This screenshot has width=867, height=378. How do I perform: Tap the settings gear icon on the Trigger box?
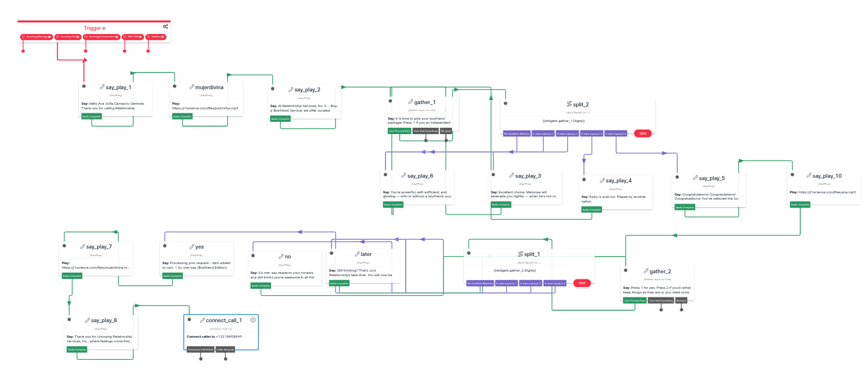(x=165, y=26)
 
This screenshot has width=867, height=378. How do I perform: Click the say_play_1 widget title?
(x=118, y=87)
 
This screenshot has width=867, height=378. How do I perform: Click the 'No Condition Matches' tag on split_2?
(x=516, y=133)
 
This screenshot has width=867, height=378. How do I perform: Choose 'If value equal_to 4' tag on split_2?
(x=616, y=133)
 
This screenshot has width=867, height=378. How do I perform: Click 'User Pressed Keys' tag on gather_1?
(x=399, y=131)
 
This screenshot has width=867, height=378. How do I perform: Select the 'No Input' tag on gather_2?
(x=681, y=300)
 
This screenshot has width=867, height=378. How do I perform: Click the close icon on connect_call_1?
(x=253, y=320)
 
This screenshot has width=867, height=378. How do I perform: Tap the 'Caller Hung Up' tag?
(x=225, y=349)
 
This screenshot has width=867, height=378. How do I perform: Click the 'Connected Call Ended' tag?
(x=201, y=349)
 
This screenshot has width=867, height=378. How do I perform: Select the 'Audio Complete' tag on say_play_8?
(x=76, y=349)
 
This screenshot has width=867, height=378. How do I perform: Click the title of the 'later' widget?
(x=366, y=254)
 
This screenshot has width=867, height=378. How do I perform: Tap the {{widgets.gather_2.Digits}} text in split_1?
(x=515, y=270)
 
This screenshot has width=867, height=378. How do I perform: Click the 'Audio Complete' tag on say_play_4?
(x=592, y=210)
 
